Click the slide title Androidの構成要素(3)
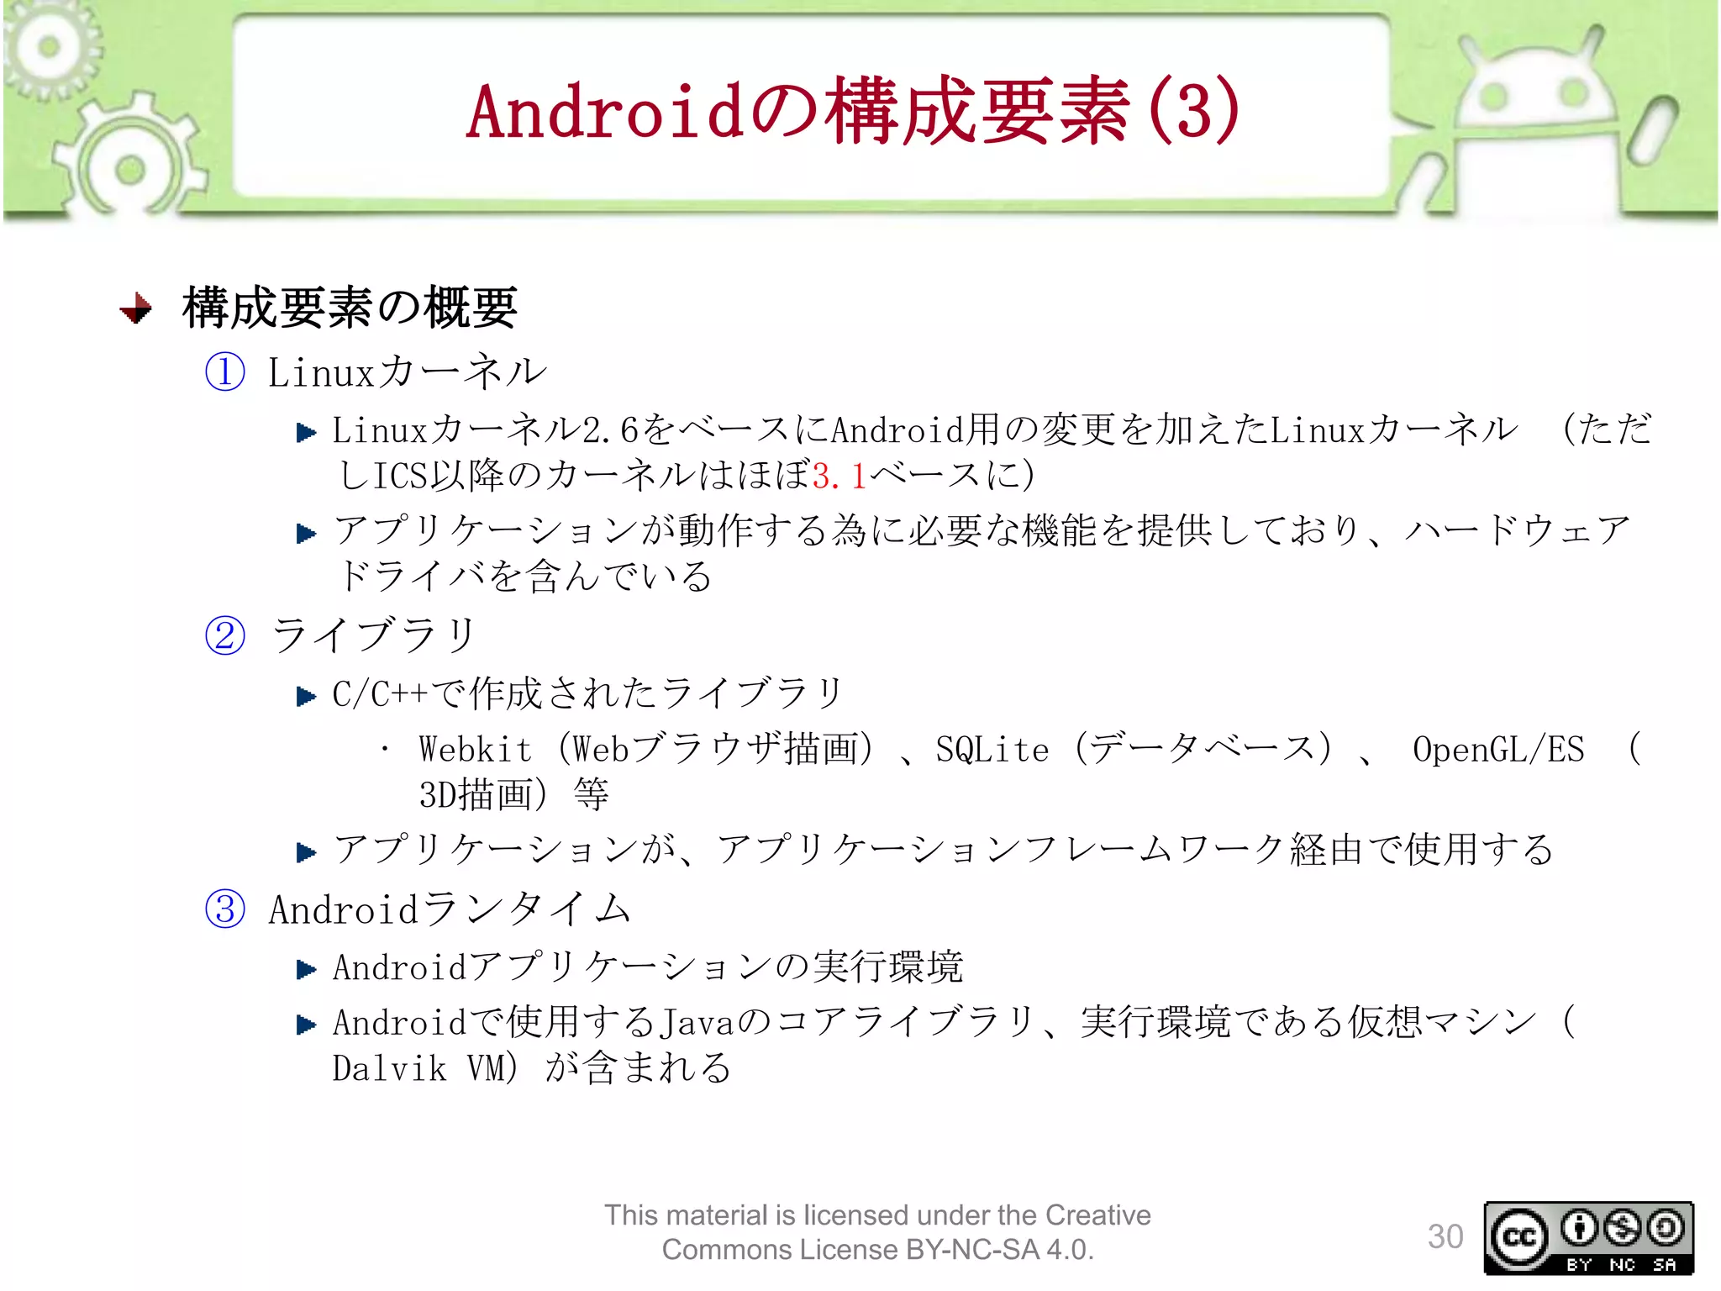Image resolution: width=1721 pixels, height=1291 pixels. [852, 112]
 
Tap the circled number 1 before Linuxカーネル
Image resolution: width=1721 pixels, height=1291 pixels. [225, 371]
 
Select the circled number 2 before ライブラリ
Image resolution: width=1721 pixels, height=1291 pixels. [225, 635]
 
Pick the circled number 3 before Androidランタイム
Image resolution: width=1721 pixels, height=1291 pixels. [225, 909]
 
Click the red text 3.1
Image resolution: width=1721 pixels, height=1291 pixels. [839, 477]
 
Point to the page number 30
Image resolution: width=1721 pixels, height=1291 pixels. [1445, 1236]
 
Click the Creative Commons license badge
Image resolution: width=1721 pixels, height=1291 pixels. [1588, 1238]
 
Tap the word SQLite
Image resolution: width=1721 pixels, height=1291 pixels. [992, 750]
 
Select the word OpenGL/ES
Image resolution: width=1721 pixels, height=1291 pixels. [1497, 750]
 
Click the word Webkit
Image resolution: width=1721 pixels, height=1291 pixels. [476, 750]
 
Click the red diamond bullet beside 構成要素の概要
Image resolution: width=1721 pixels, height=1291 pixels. [136, 308]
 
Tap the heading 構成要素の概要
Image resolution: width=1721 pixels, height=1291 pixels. [350, 308]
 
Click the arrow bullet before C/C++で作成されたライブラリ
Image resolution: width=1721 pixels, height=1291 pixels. [306, 697]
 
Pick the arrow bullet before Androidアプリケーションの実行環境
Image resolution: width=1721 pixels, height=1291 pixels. [306, 970]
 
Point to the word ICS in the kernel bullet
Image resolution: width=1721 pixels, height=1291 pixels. [400, 477]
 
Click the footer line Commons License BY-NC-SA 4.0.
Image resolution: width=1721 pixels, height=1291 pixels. [877, 1250]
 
